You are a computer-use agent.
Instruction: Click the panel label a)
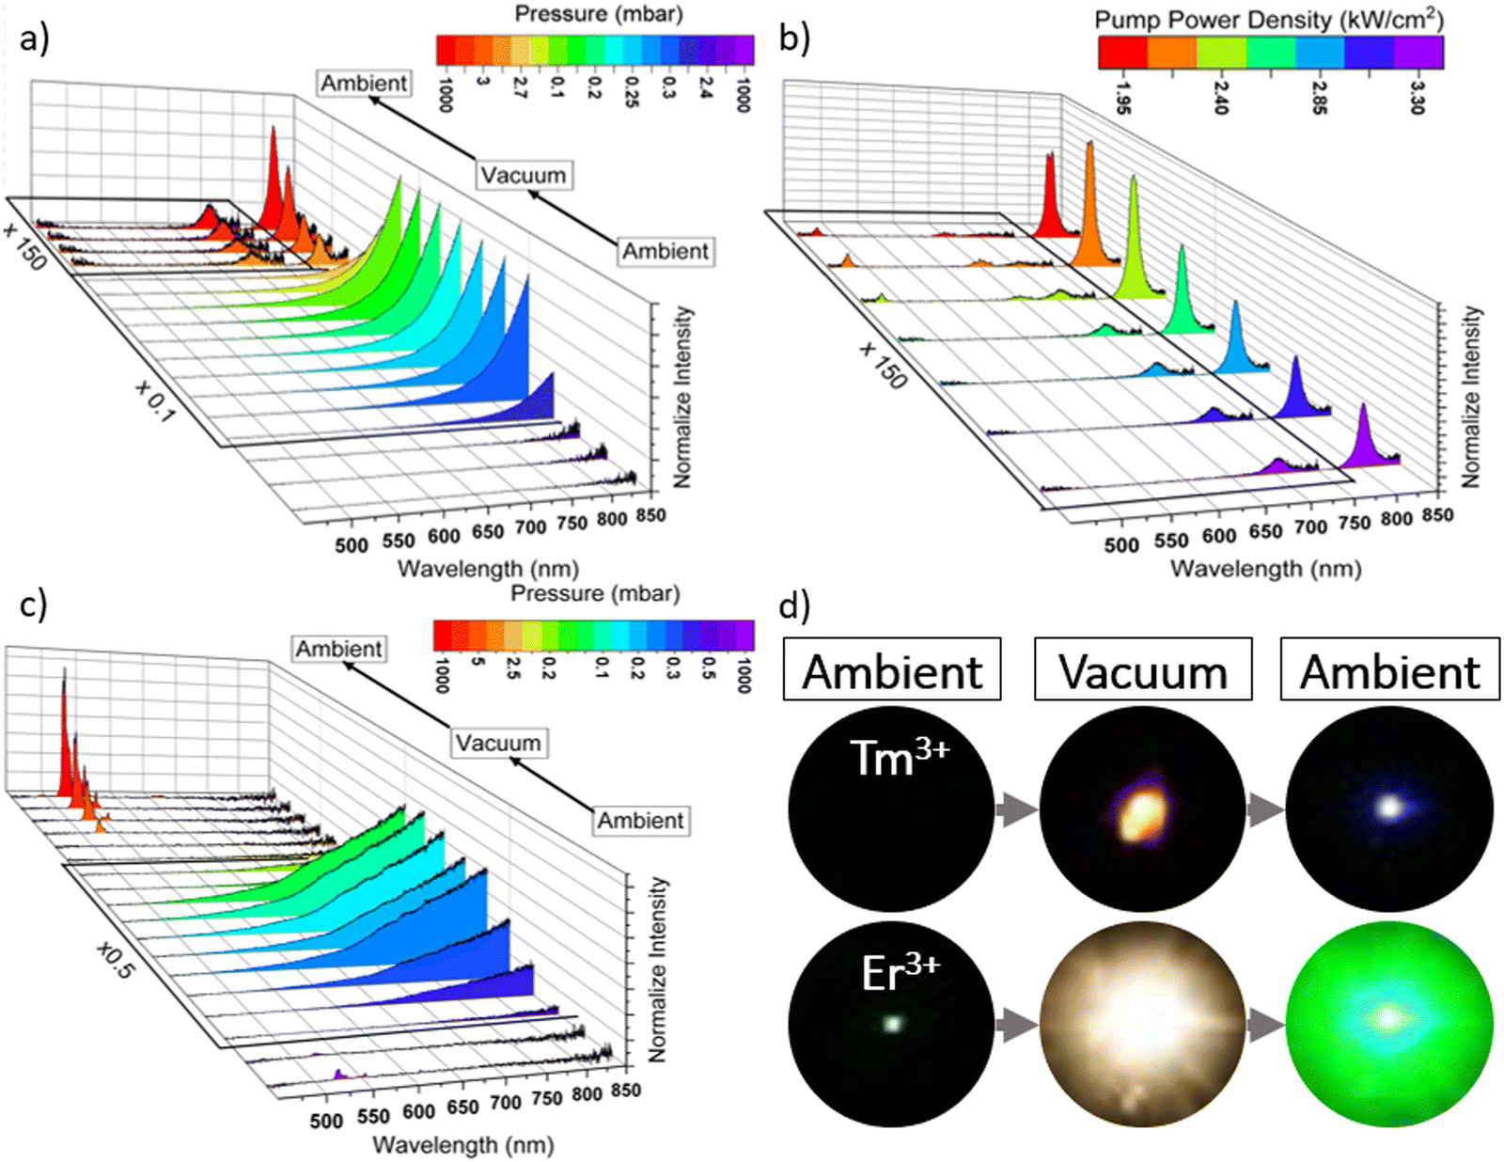click(34, 39)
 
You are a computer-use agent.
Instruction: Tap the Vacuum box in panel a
click(524, 176)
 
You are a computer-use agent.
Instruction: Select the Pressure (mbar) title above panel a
click(599, 14)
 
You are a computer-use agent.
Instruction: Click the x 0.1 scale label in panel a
click(155, 400)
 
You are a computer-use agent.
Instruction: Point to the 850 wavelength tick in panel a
click(650, 515)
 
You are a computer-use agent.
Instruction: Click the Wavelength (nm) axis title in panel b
click(1265, 569)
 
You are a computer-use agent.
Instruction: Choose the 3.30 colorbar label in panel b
click(1418, 97)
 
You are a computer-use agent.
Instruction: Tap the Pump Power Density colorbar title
click(1269, 20)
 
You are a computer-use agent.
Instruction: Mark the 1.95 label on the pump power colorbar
click(1122, 97)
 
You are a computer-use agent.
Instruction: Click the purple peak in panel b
click(1365, 437)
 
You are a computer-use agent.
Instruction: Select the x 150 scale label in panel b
click(884, 365)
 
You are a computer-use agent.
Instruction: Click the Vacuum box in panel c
click(498, 743)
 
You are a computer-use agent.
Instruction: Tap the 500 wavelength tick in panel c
click(326, 1121)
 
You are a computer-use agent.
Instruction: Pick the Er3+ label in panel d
click(901, 974)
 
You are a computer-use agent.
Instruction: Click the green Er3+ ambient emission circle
click(1388, 1025)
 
